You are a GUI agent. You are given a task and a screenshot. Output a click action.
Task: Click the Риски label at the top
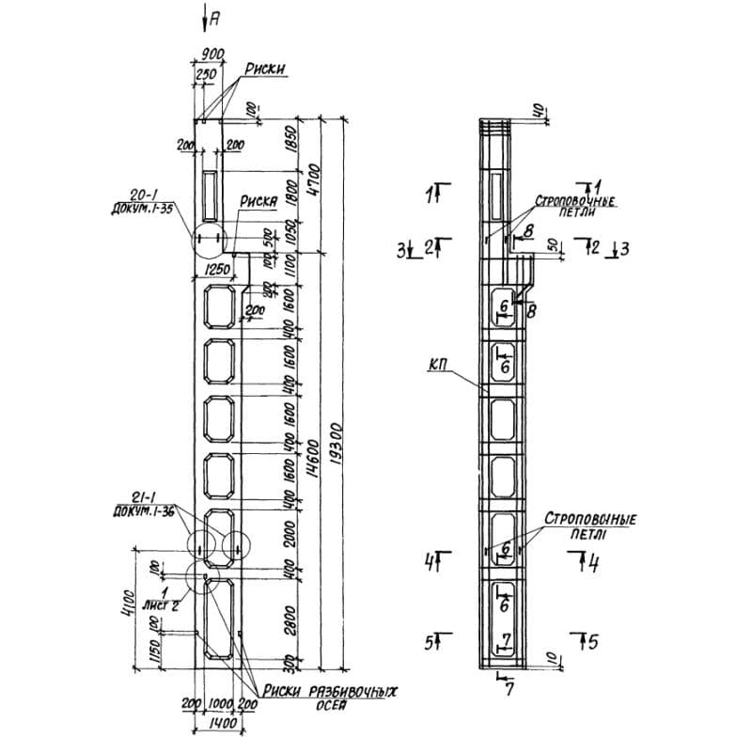click(x=266, y=68)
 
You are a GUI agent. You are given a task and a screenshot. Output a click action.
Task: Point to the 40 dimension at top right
click(x=537, y=110)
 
